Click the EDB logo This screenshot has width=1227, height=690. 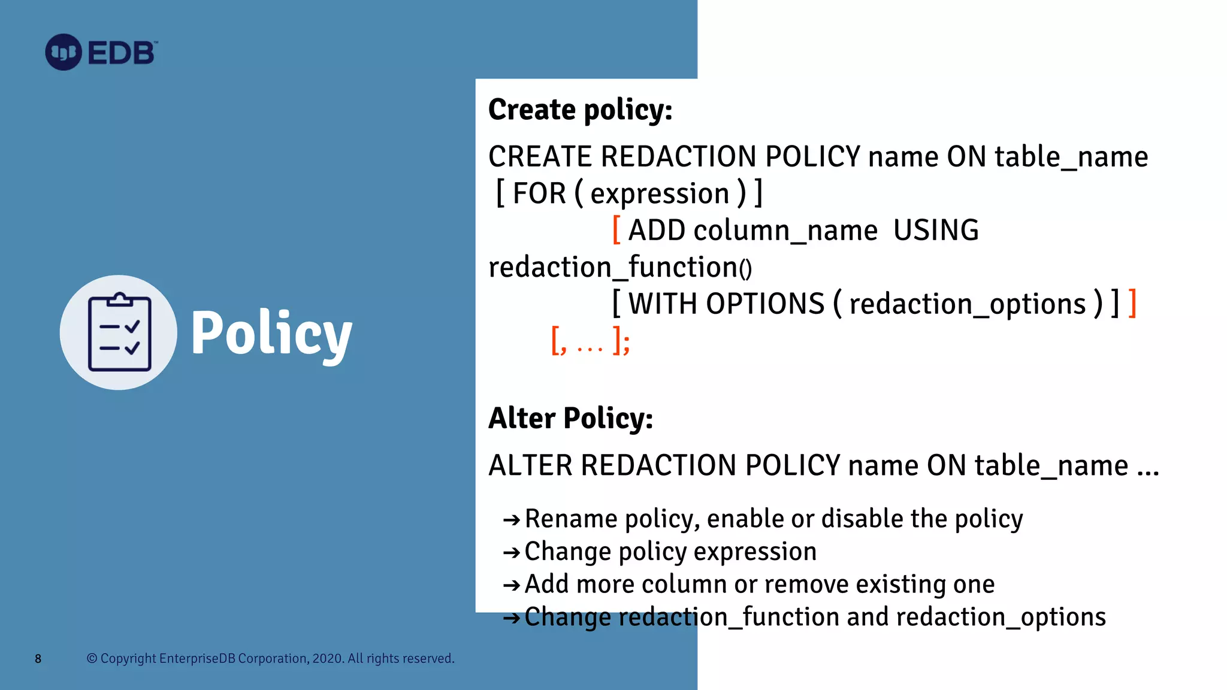101,53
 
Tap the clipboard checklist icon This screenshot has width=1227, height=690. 119,332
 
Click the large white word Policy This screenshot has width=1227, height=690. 271,334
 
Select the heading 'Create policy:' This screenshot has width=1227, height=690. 580,110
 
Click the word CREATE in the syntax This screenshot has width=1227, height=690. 540,157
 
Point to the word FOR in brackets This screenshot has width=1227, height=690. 539,194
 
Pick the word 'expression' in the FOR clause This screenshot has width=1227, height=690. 660,194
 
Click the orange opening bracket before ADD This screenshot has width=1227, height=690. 616,230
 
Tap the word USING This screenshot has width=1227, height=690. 936,231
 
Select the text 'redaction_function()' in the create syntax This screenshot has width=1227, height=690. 619,267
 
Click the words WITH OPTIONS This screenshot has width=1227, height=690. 726,304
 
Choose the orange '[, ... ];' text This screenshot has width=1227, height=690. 590,341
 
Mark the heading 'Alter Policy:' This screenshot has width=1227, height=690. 570,418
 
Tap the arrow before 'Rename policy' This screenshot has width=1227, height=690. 511,519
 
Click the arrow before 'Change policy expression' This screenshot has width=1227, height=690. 511,552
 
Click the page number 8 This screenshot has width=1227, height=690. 38,659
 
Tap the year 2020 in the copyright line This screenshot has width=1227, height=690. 327,659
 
